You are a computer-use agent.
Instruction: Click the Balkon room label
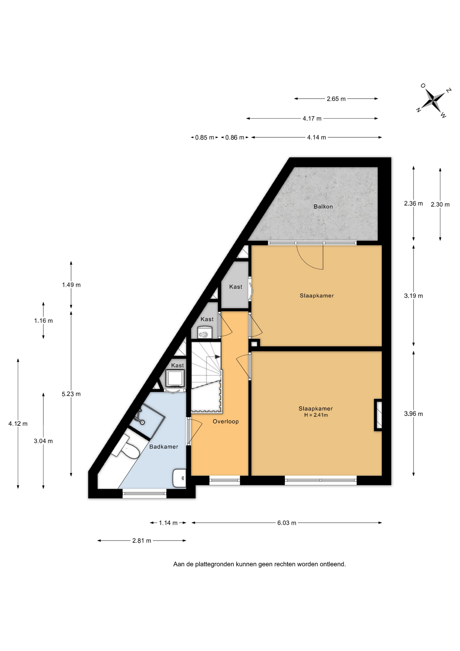click(323, 206)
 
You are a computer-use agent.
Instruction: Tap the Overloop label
click(226, 421)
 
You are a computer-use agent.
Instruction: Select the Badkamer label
click(164, 447)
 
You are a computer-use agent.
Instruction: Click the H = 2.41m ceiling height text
click(316, 415)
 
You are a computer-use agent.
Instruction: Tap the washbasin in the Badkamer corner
click(179, 478)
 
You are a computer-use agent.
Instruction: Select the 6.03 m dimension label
click(287, 523)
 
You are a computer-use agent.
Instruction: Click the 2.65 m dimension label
click(336, 99)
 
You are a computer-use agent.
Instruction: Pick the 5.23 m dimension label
click(71, 394)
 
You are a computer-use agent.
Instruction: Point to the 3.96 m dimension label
click(413, 414)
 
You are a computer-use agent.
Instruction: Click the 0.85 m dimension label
click(205, 138)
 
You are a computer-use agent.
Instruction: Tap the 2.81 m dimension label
click(142, 541)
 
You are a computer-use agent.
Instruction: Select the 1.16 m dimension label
click(43, 321)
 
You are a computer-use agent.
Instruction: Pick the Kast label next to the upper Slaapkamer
click(236, 287)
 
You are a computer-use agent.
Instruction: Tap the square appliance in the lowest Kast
click(175, 378)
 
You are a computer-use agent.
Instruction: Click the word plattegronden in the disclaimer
click(215, 565)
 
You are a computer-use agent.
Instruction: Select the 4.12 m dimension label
click(18, 424)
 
